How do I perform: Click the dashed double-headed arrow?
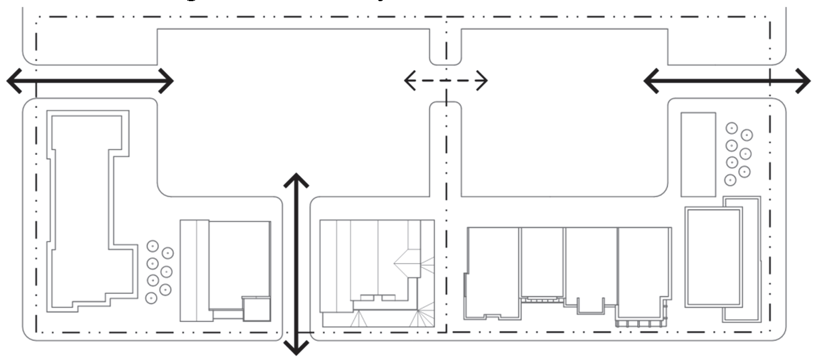pos(445,81)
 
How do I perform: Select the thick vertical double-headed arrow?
pos(296,264)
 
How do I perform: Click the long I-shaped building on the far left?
pos(86,207)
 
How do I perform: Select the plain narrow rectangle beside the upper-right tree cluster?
pos(698,154)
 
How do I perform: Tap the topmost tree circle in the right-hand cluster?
pos(731,128)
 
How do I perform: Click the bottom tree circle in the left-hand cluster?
pos(152,298)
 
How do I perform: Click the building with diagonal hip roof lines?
pos(377,273)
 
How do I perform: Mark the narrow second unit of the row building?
pos(542,261)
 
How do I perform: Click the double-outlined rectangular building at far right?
pos(713,257)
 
